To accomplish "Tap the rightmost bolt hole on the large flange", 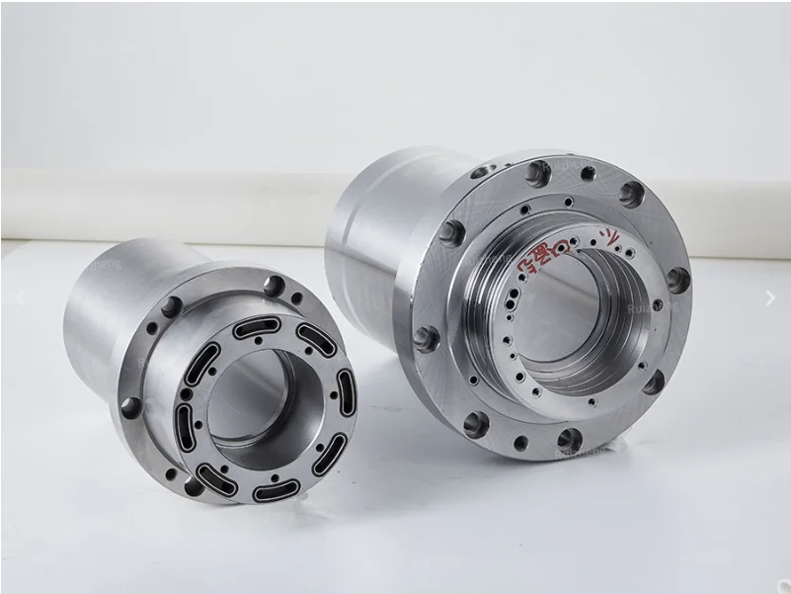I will tap(677, 279).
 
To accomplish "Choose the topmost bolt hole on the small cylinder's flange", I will tap(274, 286).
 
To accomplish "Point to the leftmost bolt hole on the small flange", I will tap(129, 406).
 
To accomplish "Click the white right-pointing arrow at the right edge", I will tap(770, 297).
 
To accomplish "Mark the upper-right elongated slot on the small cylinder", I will tap(316, 338).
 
